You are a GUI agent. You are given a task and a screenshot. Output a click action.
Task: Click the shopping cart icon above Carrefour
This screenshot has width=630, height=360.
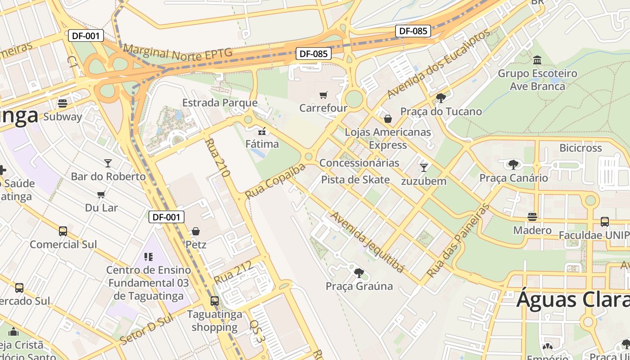click(323, 95)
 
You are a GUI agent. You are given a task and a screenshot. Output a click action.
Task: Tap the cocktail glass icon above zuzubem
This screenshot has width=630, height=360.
click(423, 168)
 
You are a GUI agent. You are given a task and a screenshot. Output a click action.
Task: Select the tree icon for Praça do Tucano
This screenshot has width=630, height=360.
click(441, 98)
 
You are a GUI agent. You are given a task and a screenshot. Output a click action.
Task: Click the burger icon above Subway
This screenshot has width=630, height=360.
click(63, 103)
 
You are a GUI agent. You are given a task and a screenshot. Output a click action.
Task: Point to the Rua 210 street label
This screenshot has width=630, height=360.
click(217, 157)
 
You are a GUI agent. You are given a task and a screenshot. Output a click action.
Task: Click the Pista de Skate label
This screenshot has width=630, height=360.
click(355, 180)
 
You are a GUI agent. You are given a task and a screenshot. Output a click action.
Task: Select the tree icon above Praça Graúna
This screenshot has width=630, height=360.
click(359, 273)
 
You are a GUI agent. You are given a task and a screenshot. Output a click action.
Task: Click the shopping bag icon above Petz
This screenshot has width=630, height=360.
click(196, 231)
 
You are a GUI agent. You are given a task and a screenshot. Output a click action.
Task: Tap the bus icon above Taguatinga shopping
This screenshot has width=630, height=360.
click(215, 301)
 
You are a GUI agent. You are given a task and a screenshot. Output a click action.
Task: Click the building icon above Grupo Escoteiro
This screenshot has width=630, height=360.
click(537, 60)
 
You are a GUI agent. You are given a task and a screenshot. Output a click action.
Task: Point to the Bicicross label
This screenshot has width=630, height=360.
click(580, 148)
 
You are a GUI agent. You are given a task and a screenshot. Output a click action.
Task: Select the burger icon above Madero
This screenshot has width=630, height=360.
click(532, 217)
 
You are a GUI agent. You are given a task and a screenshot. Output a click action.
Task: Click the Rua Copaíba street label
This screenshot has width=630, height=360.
click(275, 181)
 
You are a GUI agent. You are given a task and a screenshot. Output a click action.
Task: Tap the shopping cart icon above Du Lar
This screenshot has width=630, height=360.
click(101, 194)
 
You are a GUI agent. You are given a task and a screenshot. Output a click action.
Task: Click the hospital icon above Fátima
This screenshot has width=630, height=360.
click(262, 131)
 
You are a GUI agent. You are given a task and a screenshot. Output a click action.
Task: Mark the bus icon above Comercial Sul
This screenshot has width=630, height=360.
click(63, 231)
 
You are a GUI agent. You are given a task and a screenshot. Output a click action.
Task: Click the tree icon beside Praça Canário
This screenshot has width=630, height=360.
click(513, 165)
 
